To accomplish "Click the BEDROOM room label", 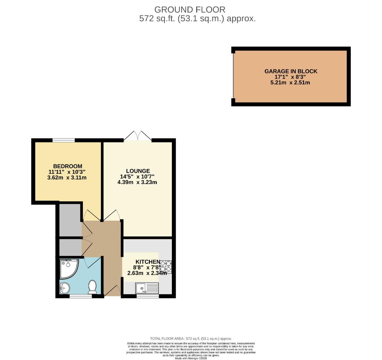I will click(x=68, y=166).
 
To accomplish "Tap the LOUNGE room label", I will click(x=138, y=171).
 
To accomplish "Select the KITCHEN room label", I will click(x=148, y=262).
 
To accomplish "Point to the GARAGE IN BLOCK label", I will click(x=291, y=71).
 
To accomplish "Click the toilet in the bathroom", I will click(x=92, y=286).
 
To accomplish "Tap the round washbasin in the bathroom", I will click(x=65, y=287).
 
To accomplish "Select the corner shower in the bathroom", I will click(x=68, y=268).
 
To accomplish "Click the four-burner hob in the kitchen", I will click(x=166, y=267).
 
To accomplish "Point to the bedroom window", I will click(x=63, y=140).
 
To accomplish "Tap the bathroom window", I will click(x=81, y=296).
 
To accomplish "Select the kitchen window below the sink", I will click(x=148, y=296).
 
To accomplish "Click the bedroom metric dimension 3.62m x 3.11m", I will click(x=67, y=178).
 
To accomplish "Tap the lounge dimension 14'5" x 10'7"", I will click(x=137, y=177).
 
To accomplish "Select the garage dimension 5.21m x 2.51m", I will click(x=290, y=82).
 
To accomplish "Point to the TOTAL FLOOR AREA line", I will click(x=191, y=339).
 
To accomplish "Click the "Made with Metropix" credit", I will click(x=191, y=358).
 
